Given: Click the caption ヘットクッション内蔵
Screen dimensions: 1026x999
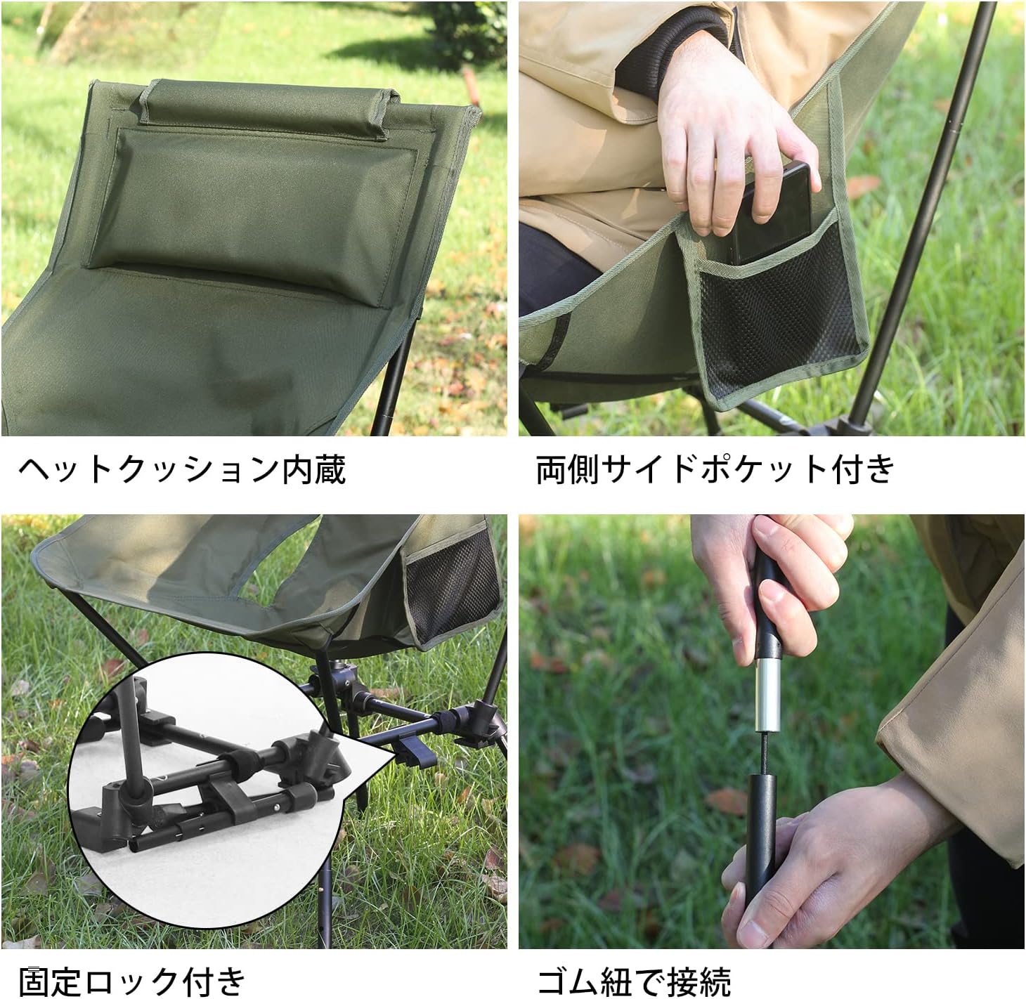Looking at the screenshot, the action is [182, 469].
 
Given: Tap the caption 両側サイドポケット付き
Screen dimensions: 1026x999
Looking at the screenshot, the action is [715, 469].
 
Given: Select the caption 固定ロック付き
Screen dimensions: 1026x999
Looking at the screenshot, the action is [132, 979].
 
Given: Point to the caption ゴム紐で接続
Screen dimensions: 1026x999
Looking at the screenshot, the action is [634, 979].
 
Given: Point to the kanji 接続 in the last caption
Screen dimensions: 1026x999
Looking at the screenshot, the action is [699, 979].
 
